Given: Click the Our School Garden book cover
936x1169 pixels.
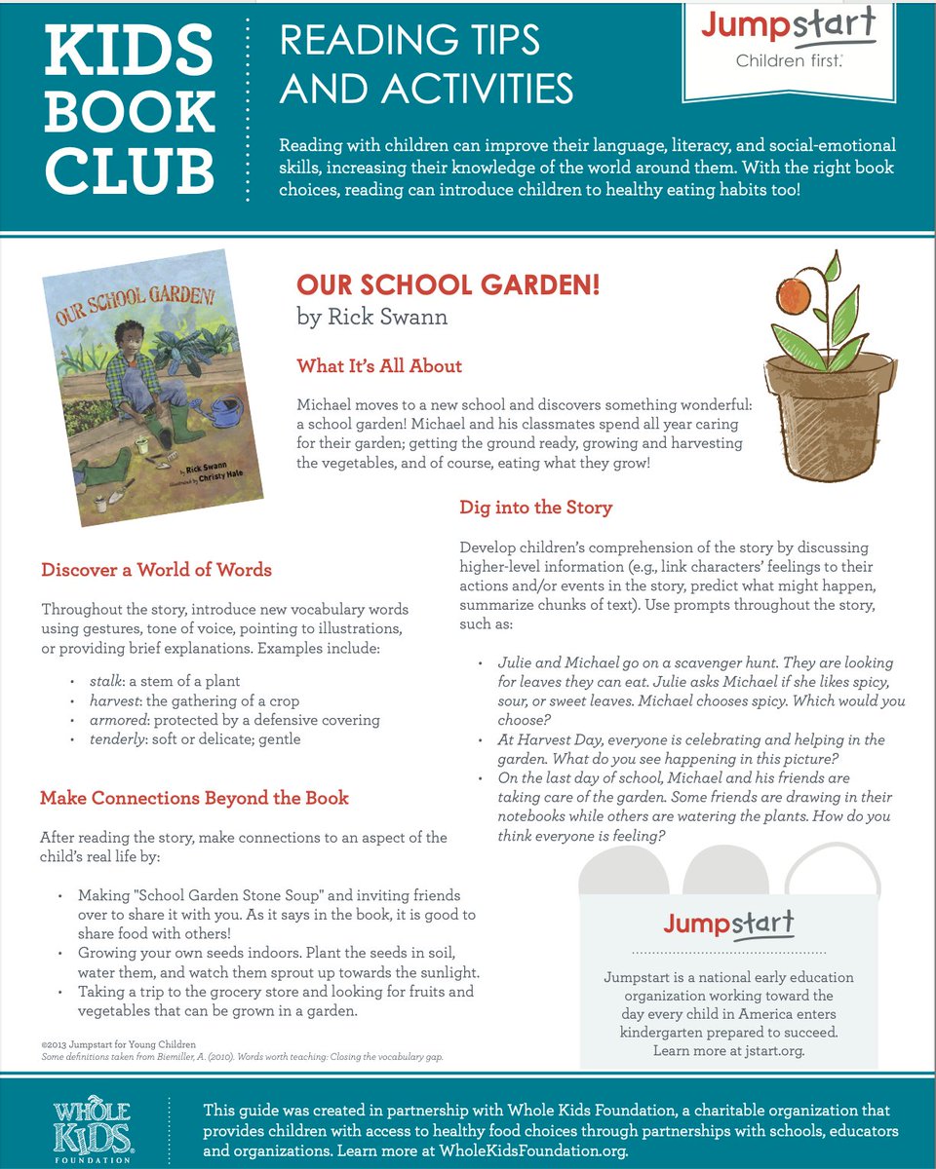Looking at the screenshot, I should click(x=154, y=394).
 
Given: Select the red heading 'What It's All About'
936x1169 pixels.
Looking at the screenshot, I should click(x=379, y=366).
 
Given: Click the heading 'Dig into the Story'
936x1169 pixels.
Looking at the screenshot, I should click(x=535, y=508).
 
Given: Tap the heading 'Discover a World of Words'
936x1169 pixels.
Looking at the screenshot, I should click(x=156, y=570).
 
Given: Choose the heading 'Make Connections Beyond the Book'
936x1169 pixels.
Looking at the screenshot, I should click(x=194, y=798).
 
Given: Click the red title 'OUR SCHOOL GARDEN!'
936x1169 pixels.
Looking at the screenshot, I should click(x=448, y=285).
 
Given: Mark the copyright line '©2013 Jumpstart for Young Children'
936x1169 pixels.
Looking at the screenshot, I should click(x=118, y=1044).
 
